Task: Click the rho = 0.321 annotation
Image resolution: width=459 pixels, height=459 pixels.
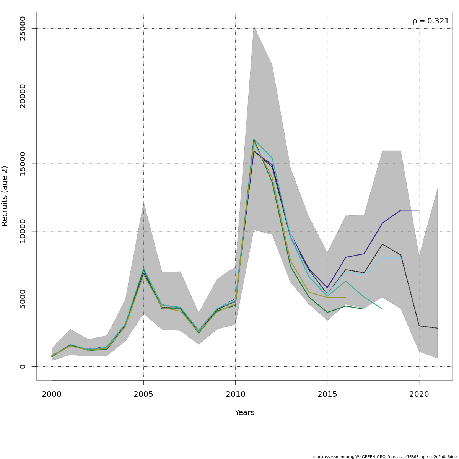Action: tap(430, 21)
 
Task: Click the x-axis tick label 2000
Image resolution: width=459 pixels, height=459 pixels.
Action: tap(52, 394)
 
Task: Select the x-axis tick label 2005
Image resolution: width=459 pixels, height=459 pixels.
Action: tap(143, 394)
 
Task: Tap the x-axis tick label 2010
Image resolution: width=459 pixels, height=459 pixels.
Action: tap(235, 394)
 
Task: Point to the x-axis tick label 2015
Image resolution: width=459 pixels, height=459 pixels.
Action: tap(327, 394)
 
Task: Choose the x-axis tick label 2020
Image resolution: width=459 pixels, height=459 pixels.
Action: tap(419, 394)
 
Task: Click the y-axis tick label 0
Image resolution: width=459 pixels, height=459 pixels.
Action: tap(23, 366)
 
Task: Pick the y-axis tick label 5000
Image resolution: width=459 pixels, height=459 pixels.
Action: tap(23, 299)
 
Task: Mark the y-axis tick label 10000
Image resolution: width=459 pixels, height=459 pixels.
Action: tap(23, 231)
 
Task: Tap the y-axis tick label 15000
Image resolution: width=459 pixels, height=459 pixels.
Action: tap(23, 164)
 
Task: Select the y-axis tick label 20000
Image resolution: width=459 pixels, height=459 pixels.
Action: tap(23, 96)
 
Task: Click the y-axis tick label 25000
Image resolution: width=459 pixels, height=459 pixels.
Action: tap(23, 28)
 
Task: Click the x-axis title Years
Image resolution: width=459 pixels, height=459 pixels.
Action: tap(244, 413)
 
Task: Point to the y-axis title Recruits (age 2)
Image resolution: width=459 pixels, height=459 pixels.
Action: tap(5, 196)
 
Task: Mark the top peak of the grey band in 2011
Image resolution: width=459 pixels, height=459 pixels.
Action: tap(254, 26)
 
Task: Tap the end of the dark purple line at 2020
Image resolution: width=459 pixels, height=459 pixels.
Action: tap(419, 210)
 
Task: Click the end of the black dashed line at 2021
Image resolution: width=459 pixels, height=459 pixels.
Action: tap(437, 328)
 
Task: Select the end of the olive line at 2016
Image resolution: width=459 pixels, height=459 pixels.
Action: tap(345, 298)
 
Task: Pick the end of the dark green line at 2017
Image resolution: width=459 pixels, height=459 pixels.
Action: tap(364, 309)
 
